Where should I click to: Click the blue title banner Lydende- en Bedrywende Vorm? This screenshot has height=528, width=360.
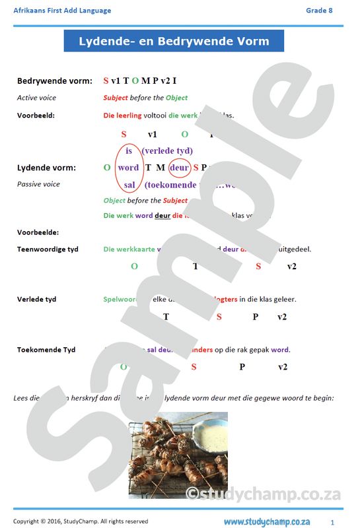(x=174, y=41)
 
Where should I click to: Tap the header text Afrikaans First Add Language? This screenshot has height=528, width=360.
(x=62, y=11)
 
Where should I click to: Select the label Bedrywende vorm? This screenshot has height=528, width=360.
(x=54, y=81)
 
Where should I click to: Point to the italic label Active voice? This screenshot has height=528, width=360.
(x=36, y=98)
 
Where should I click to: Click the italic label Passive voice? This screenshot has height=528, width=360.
(x=38, y=184)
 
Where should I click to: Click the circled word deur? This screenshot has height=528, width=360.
(x=180, y=168)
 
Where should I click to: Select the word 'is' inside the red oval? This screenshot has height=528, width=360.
(x=129, y=151)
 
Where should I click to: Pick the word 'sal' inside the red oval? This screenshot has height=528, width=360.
(x=129, y=185)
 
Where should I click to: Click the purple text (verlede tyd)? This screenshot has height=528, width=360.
(x=167, y=151)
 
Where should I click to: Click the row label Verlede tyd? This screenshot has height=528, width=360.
(x=36, y=299)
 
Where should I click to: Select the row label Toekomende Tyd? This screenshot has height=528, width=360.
(x=46, y=350)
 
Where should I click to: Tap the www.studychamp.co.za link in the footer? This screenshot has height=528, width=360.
(x=266, y=521)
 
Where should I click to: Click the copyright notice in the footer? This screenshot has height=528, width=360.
(x=81, y=521)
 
